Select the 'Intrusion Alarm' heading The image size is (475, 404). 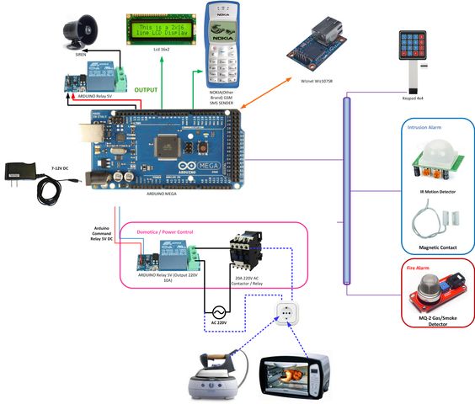[425, 129]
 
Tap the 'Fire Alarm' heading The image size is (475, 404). [419, 269]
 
